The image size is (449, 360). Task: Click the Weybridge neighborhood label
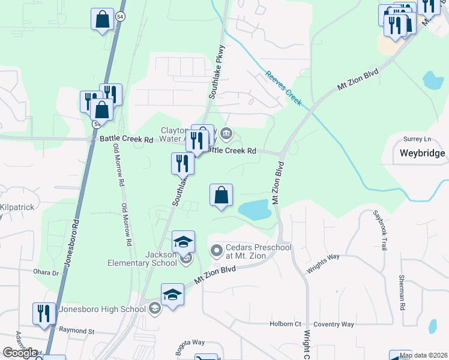423,153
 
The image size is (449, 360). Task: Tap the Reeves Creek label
283,88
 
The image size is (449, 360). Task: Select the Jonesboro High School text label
102,310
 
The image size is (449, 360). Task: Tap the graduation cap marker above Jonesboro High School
172,295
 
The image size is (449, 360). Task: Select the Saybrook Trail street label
380,230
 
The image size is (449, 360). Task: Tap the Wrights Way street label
323,264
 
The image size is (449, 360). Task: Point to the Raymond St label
77,331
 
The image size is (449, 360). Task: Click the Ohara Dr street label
47,272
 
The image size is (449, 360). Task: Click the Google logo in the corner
20,353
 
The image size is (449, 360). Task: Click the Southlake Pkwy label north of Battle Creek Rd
216,71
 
